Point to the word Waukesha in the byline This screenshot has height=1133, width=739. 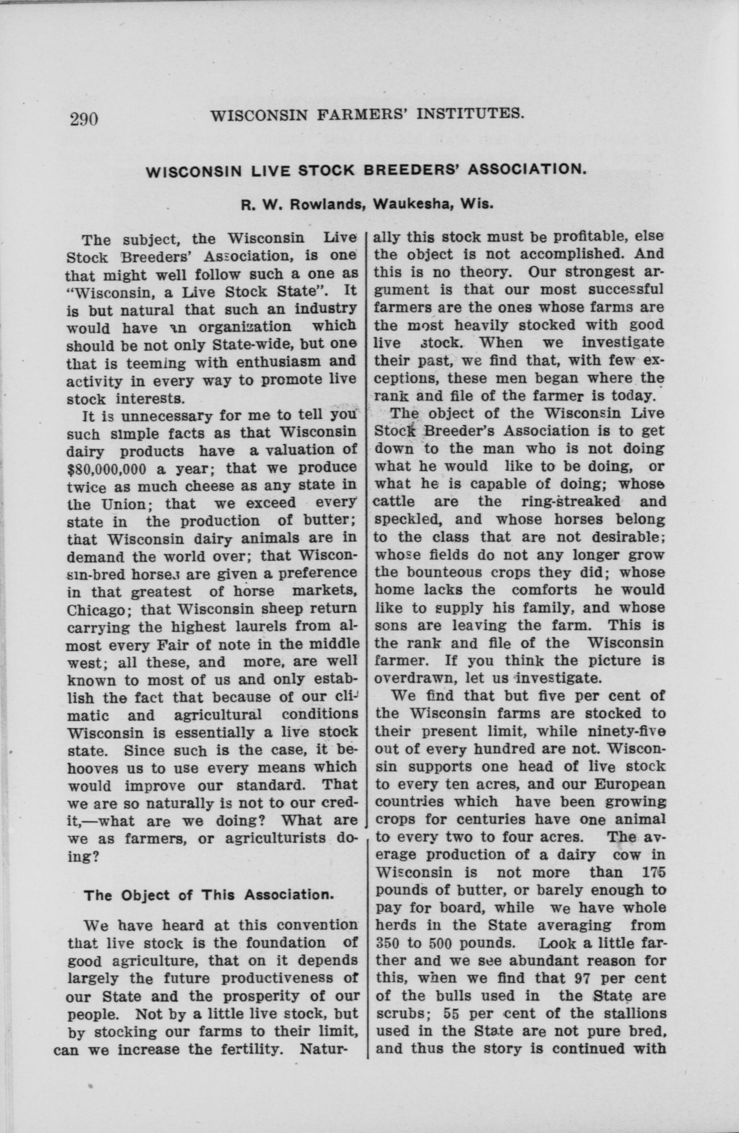point(409,205)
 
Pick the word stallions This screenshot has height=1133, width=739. point(624,997)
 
